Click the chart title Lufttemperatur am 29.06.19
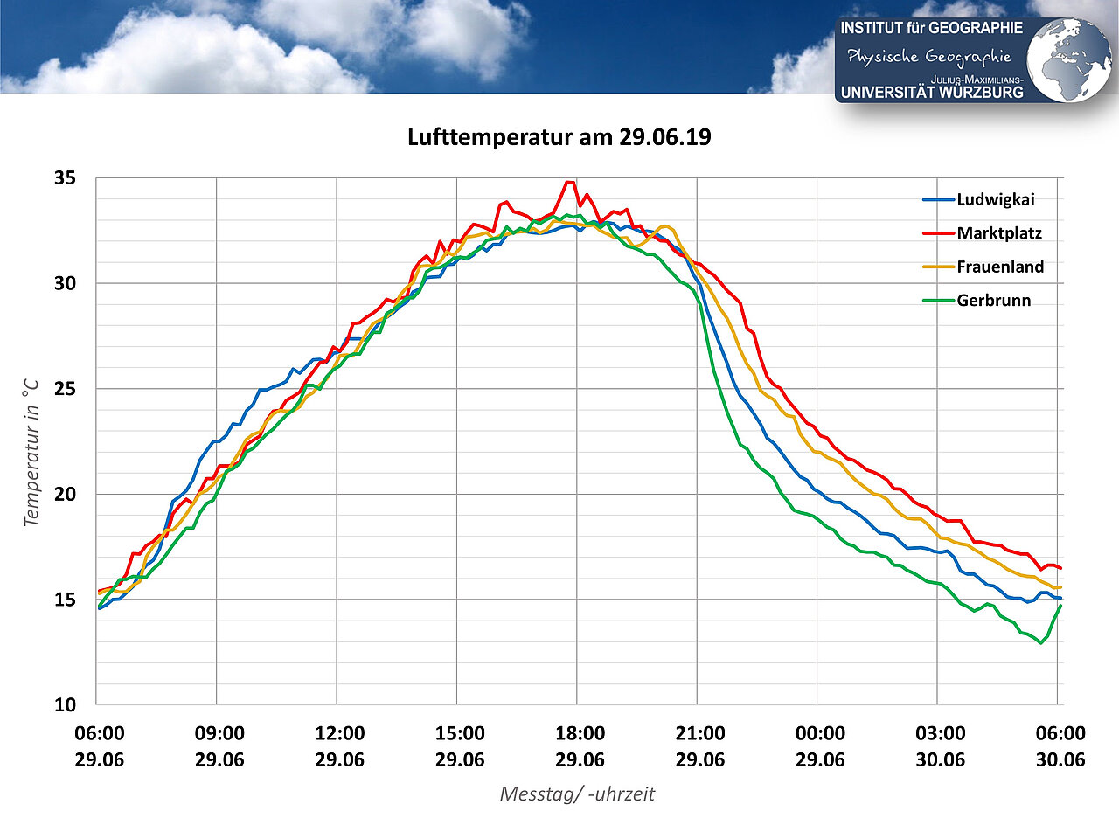coord(559,137)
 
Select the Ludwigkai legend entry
coord(995,199)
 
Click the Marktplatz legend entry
coord(998,233)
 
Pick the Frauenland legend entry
coord(999,267)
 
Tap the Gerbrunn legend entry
coord(993,301)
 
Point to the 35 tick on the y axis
coord(66,178)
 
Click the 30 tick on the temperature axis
coord(66,283)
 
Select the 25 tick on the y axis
coord(66,389)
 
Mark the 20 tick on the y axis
coord(66,494)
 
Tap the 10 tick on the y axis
coord(66,704)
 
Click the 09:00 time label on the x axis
coord(219,733)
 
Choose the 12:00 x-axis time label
coord(339,733)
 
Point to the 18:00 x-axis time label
coord(580,733)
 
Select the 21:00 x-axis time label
coord(699,733)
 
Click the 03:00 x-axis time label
coord(940,733)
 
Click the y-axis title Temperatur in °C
coord(31,452)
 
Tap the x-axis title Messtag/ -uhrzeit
coord(577,794)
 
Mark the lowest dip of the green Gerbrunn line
coord(1040,643)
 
